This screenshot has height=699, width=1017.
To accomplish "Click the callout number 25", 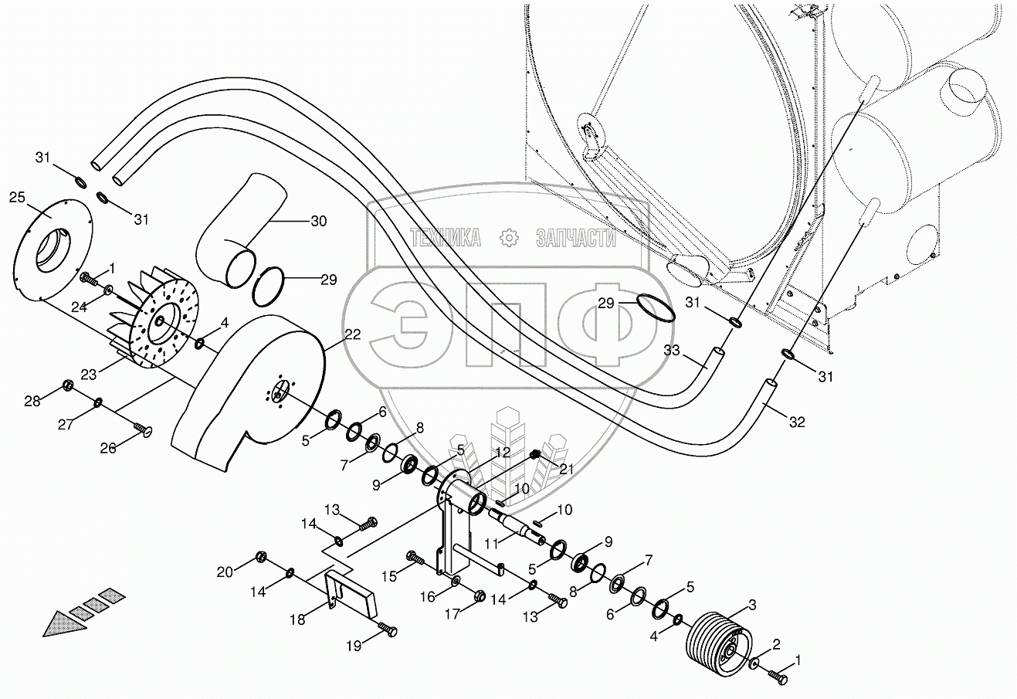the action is (x=17, y=198).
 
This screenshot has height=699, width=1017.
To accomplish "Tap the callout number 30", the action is (x=318, y=221).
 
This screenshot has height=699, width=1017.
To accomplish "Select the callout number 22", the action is (x=352, y=334).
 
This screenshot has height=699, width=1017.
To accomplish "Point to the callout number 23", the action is (x=89, y=375).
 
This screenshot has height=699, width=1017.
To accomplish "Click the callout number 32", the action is (x=797, y=422).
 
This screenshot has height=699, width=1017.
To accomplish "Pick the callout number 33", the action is (x=672, y=350).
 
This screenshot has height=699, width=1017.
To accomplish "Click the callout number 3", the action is (x=752, y=605).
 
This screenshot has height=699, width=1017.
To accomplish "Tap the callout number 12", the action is (x=503, y=453).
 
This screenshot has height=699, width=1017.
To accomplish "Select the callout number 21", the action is (x=566, y=469).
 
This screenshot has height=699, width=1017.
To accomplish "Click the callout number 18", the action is (x=297, y=619).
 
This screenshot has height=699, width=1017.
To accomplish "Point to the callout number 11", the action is (x=492, y=543).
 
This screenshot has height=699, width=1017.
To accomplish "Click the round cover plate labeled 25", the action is (x=53, y=250).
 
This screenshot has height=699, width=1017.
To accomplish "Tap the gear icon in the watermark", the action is (x=508, y=238).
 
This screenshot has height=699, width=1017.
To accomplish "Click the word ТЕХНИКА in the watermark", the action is (x=446, y=238).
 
